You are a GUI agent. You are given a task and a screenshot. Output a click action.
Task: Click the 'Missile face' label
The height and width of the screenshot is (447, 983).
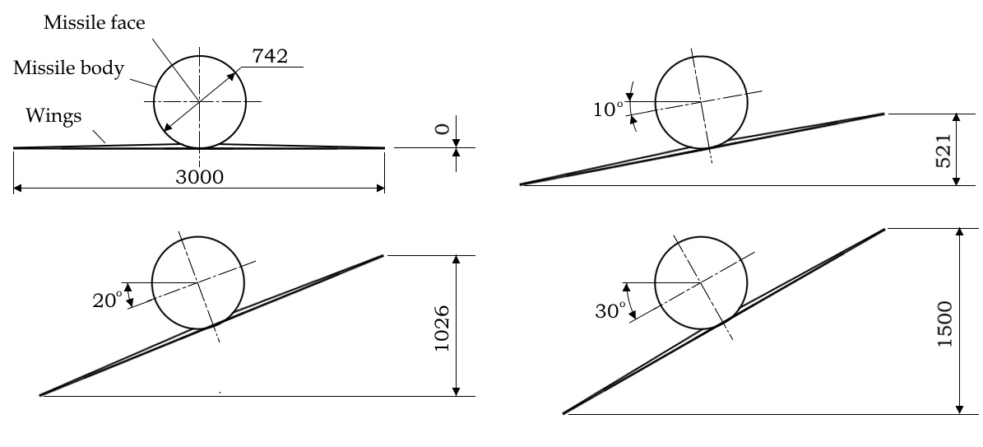click(x=94, y=23)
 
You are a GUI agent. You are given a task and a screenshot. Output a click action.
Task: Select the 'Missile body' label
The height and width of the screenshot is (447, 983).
click(x=69, y=68)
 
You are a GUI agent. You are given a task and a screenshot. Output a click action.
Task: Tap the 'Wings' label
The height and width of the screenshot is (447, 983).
click(x=53, y=116)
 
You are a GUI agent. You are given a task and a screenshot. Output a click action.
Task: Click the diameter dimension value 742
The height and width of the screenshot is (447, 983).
click(x=270, y=57)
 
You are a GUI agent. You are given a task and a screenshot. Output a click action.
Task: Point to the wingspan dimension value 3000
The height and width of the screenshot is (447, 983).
click(x=199, y=177)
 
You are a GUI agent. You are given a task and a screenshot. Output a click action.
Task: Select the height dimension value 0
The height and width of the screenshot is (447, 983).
click(x=442, y=129)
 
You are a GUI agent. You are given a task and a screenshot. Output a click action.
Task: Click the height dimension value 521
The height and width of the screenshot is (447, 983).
click(x=944, y=150)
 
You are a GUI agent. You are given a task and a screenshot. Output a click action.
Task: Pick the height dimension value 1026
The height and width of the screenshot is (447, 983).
click(x=442, y=328)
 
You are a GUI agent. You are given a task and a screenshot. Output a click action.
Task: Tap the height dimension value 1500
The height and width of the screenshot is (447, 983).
click(x=944, y=324)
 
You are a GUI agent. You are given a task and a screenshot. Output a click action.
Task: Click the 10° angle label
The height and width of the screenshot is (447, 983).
click(x=609, y=109)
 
